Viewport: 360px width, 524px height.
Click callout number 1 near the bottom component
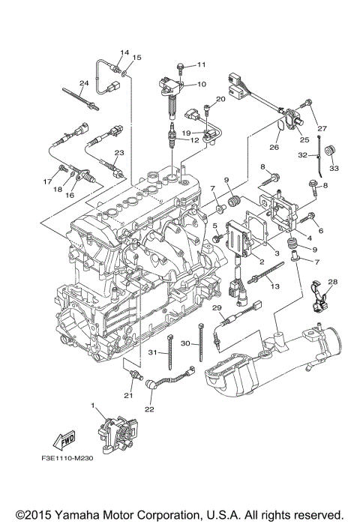[x=94, y=406]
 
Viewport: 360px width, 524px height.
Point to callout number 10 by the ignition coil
[x=202, y=84]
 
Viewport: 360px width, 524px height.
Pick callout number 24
[x=84, y=83]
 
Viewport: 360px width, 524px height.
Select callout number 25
[x=304, y=139]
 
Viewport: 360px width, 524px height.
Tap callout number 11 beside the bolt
[x=202, y=66]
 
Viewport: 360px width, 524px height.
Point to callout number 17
[x=46, y=181]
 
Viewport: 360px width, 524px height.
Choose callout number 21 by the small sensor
[x=127, y=397]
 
